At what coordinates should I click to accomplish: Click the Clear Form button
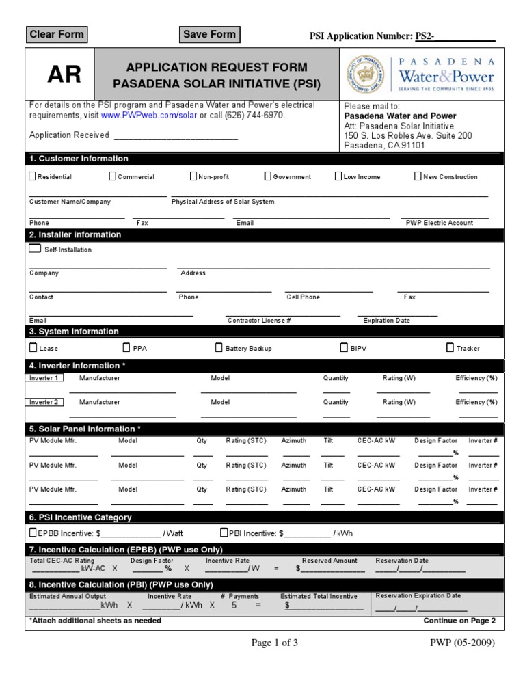click(57, 34)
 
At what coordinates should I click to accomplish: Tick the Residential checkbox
click(32, 176)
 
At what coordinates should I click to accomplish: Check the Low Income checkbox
click(338, 176)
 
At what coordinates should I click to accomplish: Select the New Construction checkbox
click(418, 176)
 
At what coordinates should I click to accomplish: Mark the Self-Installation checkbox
click(35, 249)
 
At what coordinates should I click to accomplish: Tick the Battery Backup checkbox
click(219, 347)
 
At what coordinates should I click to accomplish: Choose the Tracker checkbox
click(450, 347)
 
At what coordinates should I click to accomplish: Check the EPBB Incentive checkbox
click(33, 533)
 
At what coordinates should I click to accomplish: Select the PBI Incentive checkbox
click(224, 533)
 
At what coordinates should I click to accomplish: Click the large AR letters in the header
click(64, 75)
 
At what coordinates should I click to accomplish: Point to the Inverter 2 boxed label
click(44, 402)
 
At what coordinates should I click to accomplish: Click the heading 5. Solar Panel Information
click(85, 429)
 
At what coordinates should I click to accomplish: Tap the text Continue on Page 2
click(459, 621)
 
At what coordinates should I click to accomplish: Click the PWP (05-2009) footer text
click(461, 643)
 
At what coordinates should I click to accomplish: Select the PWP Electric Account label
click(440, 223)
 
